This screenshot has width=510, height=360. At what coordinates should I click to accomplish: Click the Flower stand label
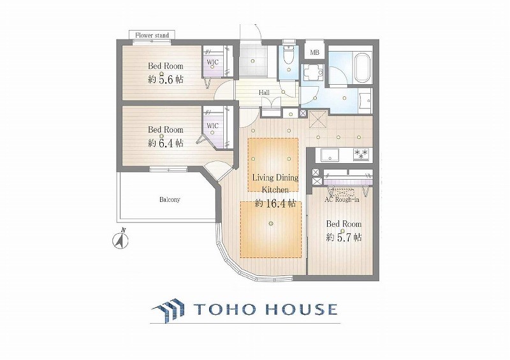(x=152, y=35)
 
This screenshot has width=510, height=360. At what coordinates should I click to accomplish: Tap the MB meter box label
(x=314, y=52)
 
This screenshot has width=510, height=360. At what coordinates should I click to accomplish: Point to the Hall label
(x=264, y=92)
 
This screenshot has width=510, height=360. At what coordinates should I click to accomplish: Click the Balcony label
(x=170, y=199)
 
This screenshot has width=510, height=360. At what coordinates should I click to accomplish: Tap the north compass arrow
(x=120, y=239)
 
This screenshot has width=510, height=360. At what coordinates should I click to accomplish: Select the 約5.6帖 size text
(x=166, y=79)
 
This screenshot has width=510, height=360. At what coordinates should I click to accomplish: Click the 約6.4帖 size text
(x=166, y=143)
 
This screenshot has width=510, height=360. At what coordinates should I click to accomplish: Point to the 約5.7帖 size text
(x=344, y=237)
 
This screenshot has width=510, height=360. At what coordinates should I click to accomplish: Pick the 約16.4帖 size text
(x=275, y=204)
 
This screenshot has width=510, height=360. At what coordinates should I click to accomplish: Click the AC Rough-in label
(x=342, y=199)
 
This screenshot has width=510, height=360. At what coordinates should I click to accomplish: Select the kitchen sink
(x=330, y=155)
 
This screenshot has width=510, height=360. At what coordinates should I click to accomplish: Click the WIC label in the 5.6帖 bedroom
(x=213, y=62)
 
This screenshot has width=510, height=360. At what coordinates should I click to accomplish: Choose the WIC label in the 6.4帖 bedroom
(x=213, y=126)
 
